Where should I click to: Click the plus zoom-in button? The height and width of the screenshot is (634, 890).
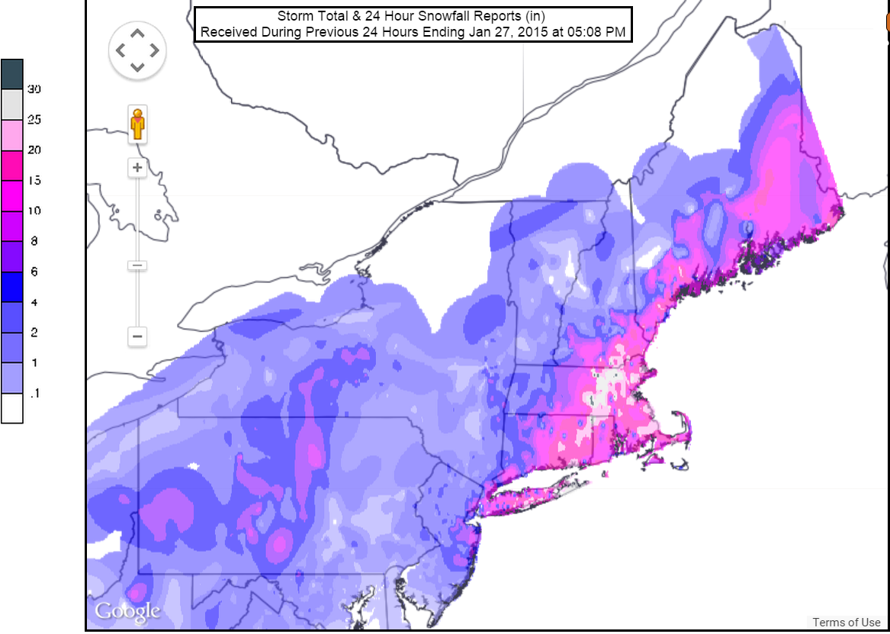click(x=137, y=168)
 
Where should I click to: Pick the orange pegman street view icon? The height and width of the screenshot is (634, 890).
click(x=137, y=124)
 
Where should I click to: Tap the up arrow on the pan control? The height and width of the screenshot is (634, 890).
click(x=137, y=34)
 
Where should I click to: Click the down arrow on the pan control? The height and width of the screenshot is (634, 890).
click(x=137, y=68)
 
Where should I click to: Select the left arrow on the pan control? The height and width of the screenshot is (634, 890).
click(x=120, y=51)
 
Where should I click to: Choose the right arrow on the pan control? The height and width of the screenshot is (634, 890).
click(x=155, y=51)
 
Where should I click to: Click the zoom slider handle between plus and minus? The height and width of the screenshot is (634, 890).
click(x=137, y=266)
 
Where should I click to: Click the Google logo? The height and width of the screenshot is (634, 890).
click(x=127, y=610)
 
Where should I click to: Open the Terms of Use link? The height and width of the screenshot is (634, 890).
click(x=846, y=623)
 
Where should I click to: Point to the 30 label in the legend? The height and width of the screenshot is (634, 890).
click(x=34, y=89)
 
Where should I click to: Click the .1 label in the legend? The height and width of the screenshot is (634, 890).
click(x=34, y=394)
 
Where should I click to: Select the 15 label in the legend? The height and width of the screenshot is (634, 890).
click(x=34, y=181)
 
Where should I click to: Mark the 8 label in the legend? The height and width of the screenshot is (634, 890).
click(x=34, y=241)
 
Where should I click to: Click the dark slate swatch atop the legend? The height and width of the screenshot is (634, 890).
click(x=12, y=74)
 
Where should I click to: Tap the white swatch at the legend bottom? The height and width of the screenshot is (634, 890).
click(x=12, y=408)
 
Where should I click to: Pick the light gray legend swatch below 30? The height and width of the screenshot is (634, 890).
click(x=12, y=105)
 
